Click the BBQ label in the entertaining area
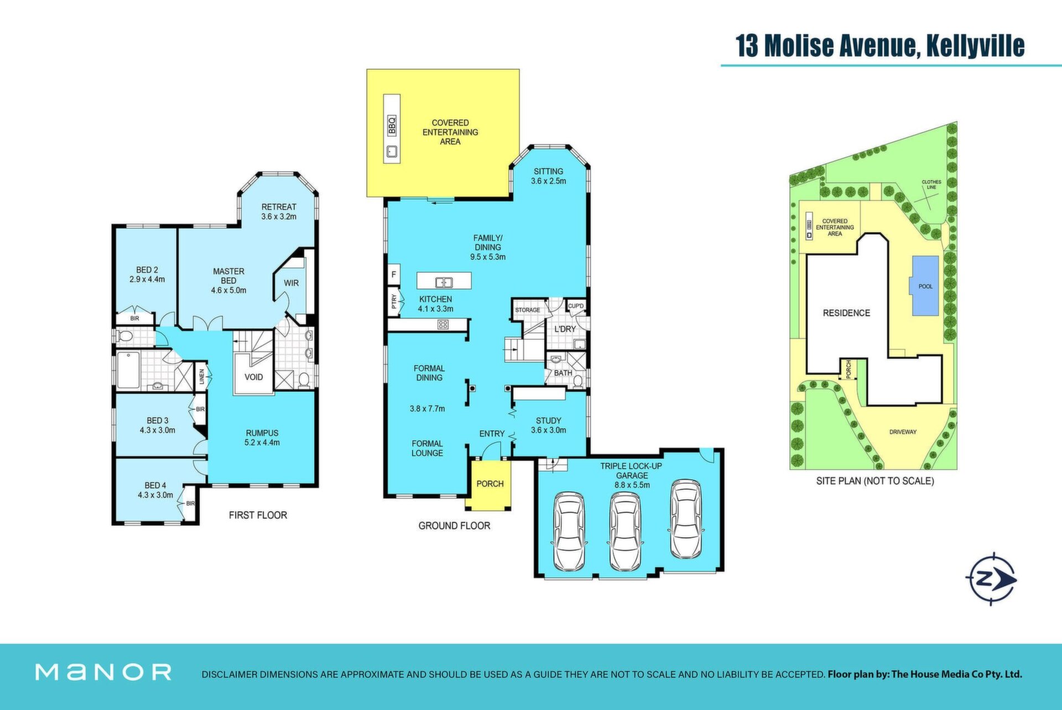click(392, 126)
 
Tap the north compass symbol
click(992, 579)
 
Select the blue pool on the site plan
click(925, 286)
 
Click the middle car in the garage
click(625, 531)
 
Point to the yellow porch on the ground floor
click(488, 485)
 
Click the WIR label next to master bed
click(291, 283)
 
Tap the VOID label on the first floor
click(254, 377)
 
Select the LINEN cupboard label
click(202, 376)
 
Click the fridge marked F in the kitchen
click(394, 274)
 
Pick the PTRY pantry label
click(394, 302)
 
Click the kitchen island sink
click(444, 283)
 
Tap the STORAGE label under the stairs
click(528, 310)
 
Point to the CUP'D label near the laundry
click(576, 306)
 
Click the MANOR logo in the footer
click(103, 672)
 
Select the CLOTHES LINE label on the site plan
click(931, 184)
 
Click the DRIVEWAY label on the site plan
click(903, 432)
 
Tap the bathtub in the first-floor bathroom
click(128, 370)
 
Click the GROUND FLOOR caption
click(454, 525)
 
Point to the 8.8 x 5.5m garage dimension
click(632, 485)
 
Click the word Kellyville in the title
click(975, 45)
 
